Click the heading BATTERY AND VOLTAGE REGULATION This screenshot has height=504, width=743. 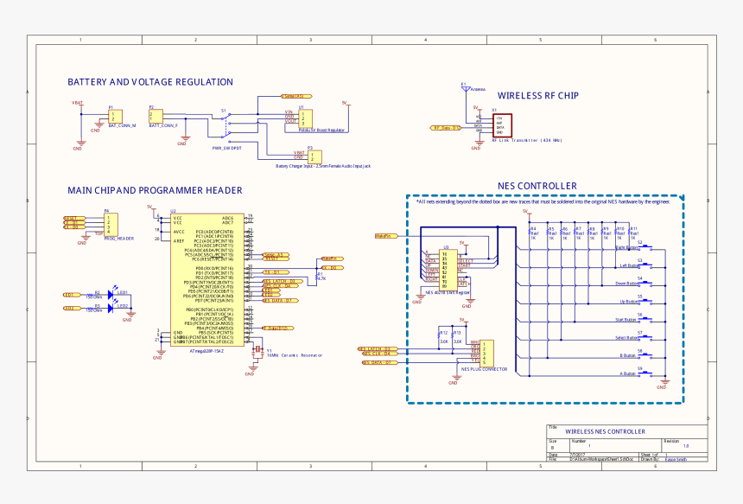[x=150, y=82]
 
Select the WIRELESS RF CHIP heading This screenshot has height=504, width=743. [x=537, y=96]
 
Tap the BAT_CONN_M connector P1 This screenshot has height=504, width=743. [x=115, y=117]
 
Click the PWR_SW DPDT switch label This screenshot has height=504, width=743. [x=226, y=148]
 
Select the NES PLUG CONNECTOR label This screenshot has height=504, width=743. [x=483, y=368]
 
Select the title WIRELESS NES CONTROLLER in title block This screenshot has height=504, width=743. [x=605, y=431]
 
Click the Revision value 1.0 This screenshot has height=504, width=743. [x=686, y=445]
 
